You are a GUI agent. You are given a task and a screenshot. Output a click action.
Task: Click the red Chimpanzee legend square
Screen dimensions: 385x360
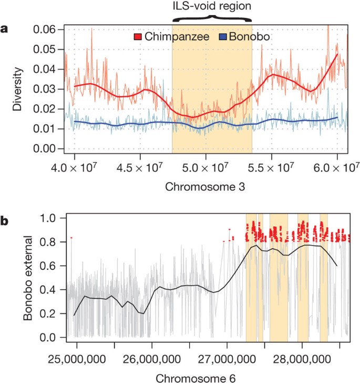pyautogui.click(x=138, y=37)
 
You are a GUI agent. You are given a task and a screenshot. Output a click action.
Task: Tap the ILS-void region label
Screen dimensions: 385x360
pyautogui.click(x=212, y=7)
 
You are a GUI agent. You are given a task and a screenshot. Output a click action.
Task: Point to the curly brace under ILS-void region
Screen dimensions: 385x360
pyautogui.click(x=212, y=19)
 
